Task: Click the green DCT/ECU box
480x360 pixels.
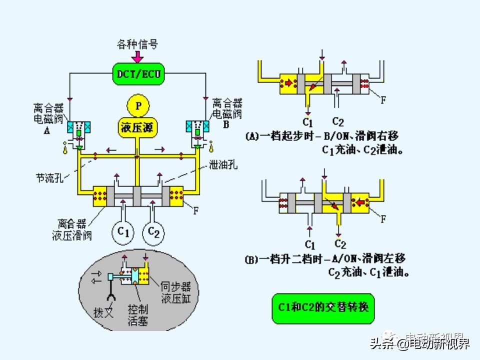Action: click(x=137, y=74)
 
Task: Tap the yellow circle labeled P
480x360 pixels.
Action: click(x=138, y=105)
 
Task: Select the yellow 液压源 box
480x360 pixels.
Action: click(x=138, y=127)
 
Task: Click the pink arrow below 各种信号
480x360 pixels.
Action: click(x=137, y=56)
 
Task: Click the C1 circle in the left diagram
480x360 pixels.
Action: click(x=123, y=232)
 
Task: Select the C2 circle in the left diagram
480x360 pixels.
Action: click(x=153, y=232)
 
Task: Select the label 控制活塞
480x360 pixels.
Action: click(x=138, y=314)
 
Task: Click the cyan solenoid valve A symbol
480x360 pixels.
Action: click(x=78, y=127)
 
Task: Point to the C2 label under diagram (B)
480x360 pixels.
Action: click(x=340, y=244)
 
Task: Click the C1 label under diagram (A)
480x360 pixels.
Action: click(x=307, y=122)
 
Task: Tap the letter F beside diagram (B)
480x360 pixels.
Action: click(x=383, y=218)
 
